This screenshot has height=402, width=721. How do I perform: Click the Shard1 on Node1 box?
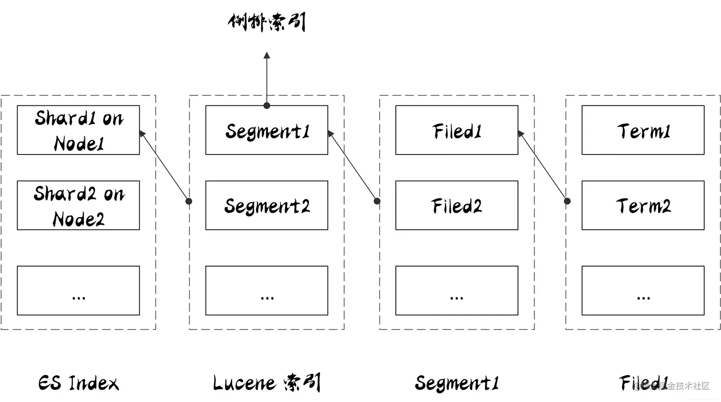click(78, 130)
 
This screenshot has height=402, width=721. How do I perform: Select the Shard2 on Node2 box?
click(78, 206)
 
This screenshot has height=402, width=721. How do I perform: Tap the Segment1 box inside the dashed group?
click(267, 130)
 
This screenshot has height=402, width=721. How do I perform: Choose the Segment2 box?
click(267, 206)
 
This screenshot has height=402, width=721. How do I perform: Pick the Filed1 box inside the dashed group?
click(456, 130)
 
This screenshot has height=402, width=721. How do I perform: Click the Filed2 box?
click(456, 206)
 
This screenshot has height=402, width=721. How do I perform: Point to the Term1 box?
click(643, 130)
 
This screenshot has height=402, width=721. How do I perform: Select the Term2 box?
click(643, 206)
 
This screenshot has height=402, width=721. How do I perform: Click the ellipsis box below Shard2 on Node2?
click(78, 290)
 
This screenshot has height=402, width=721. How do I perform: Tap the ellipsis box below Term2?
click(643, 290)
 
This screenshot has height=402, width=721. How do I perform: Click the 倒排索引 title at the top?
click(267, 22)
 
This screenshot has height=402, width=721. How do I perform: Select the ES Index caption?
click(79, 383)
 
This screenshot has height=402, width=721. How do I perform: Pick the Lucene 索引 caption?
click(267, 383)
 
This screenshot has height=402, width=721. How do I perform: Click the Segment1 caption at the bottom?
click(456, 383)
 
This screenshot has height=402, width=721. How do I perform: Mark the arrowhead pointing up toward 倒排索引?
click(267, 56)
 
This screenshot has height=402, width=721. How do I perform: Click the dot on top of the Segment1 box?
click(267, 106)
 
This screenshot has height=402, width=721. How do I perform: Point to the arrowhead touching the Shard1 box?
click(142, 134)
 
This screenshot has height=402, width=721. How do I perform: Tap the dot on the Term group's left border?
click(567, 201)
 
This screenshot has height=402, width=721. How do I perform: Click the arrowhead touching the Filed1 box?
click(521, 134)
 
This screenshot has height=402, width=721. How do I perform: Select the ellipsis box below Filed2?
click(456, 290)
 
